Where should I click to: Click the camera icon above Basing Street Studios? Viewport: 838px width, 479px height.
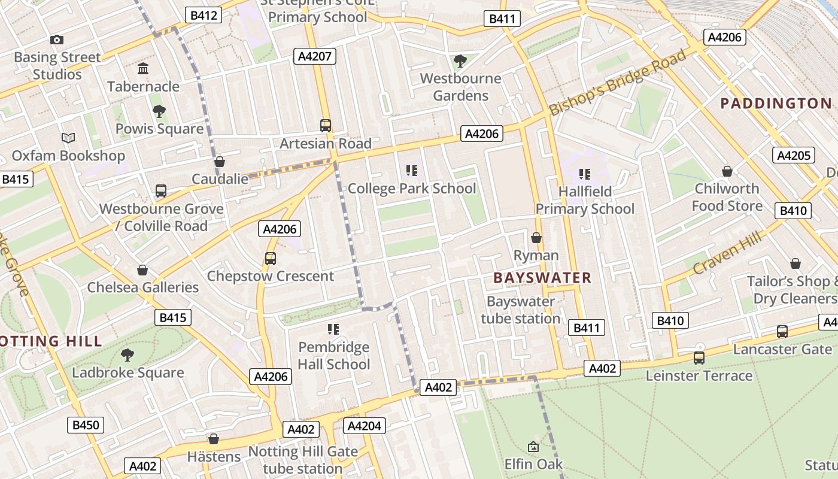(x=57, y=40)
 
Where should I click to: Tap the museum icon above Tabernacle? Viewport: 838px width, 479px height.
(x=143, y=69)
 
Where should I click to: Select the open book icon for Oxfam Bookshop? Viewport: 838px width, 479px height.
(x=69, y=138)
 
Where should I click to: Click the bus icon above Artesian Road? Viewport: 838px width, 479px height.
(x=326, y=126)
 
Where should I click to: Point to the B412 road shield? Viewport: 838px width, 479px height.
(x=204, y=15)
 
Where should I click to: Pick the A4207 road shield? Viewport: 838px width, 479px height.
(x=315, y=57)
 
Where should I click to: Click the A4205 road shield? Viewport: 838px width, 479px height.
(x=794, y=156)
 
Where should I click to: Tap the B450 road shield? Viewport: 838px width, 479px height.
(x=86, y=425)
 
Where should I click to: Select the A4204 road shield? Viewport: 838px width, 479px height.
(x=365, y=426)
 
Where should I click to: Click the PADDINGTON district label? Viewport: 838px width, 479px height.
(x=776, y=104)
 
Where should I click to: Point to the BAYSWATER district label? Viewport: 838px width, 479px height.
(x=542, y=278)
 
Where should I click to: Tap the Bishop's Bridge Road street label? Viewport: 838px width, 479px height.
(x=618, y=83)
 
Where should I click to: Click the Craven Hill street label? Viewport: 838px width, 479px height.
(x=728, y=252)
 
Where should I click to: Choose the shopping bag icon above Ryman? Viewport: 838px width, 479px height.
(x=536, y=238)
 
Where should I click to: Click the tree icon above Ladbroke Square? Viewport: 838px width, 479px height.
(x=127, y=355)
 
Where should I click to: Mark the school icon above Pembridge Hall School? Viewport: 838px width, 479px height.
(x=333, y=329)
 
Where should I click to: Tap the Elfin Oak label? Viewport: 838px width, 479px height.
(x=533, y=464)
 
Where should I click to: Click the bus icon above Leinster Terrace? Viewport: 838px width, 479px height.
(x=699, y=358)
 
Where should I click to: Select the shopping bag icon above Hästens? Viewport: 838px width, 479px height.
(x=213, y=439)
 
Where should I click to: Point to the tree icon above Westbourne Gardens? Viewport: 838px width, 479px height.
(x=460, y=60)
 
